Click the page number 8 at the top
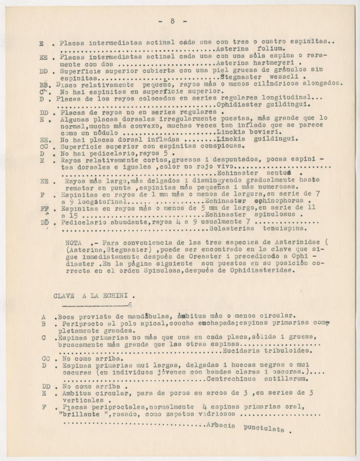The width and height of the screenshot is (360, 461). [173, 21]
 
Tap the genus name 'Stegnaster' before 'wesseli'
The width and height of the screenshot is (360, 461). [238, 78]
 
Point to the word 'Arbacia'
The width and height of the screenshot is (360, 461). [221, 425]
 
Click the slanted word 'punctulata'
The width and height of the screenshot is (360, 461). [264, 429]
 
